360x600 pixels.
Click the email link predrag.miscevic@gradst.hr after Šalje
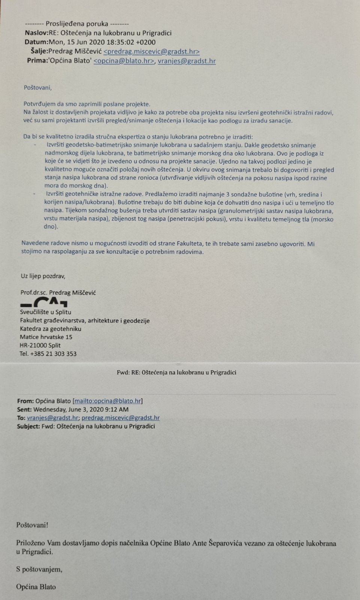pos(151,52)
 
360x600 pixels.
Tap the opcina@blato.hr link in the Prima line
pos(124,61)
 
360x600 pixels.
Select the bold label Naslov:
pos(36,33)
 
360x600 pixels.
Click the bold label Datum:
pos(36,42)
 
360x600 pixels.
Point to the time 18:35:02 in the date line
pos(118,42)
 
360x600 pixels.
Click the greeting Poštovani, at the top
pos(38,88)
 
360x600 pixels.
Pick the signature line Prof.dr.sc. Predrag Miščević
pos(58,292)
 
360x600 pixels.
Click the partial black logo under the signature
pos(44,302)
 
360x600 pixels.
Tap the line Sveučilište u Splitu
pos(45,312)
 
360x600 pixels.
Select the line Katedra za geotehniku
pos(50,329)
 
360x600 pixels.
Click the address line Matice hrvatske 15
pos(46,337)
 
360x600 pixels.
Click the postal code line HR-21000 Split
pos(40,345)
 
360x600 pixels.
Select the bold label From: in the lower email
pos(25,401)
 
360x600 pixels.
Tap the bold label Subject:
pos(28,426)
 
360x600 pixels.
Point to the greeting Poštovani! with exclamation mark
pos(32,525)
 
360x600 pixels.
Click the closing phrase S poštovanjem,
pos(39,570)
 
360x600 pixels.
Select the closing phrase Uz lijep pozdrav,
pos(43,276)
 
